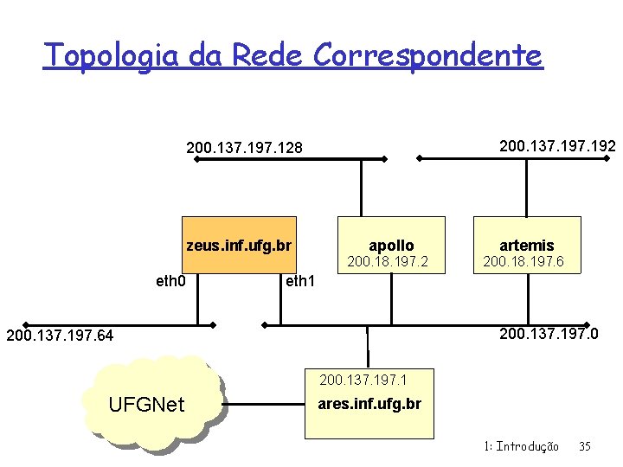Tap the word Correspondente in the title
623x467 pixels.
(x=427, y=55)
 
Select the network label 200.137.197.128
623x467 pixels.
(x=245, y=149)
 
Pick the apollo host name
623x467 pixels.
(x=391, y=246)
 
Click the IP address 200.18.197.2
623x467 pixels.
(x=388, y=261)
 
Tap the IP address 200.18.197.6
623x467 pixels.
(x=530, y=261)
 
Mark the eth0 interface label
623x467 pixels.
(x=170, y=281)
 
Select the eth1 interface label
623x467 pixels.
(x=300, y=281)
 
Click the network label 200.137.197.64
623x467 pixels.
(x=60, y=335)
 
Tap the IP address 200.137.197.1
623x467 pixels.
(x=363, y=379)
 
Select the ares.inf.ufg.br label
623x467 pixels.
(x=369, y=403)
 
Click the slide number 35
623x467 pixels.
(x=584, y=446)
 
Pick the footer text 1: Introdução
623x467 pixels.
(x=522, y=446)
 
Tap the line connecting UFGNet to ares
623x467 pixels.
(x=264, y=403)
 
